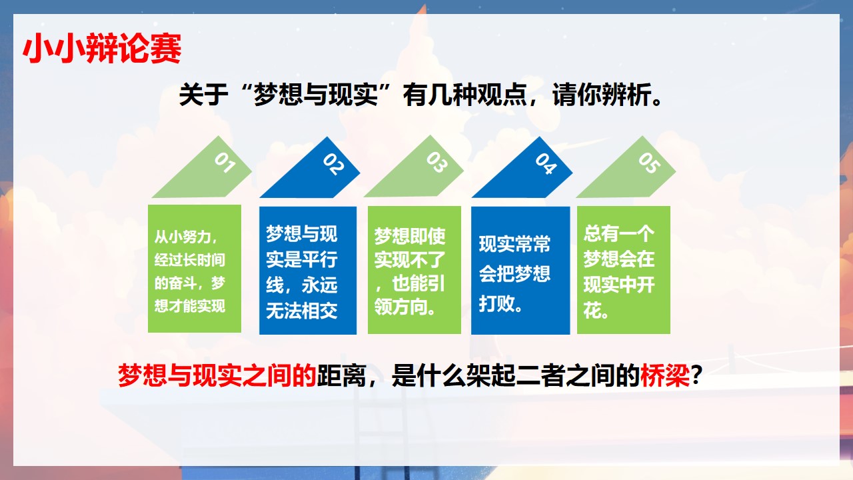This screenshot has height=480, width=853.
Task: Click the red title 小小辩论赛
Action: point(102,49)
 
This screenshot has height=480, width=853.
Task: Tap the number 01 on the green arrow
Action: point(225,163)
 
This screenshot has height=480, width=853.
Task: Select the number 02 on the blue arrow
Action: point(333,164)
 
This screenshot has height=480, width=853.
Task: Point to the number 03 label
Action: point(436,162)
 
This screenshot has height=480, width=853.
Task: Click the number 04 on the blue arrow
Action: point(546,164)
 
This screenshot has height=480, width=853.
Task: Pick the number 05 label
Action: point(649,163)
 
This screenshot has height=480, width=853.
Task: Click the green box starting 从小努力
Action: point(195,269)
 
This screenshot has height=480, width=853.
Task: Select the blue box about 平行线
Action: point(308,271)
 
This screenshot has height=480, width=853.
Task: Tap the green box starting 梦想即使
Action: point(415,270)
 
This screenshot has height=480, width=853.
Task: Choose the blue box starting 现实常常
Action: point(520,271)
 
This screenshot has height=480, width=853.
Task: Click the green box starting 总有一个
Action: point(624,270)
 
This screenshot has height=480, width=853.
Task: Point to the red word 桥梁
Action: point(665,375)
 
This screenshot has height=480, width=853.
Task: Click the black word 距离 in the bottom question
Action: point(341,375)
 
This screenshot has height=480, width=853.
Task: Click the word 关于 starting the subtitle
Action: point(203,95)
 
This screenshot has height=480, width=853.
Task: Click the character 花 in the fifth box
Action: point(592,310)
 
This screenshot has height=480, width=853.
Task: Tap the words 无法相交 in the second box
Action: point(302,311)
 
